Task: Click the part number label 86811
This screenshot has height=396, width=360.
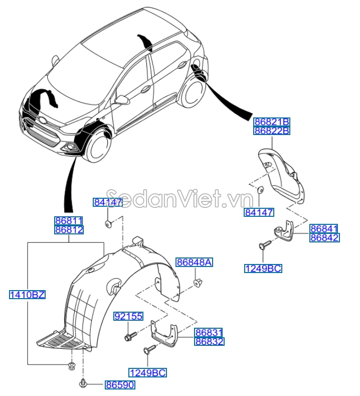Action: click(x=69, y=220)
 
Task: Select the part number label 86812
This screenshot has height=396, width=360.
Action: click(x=69, y=230)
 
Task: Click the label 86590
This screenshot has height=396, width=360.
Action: click(x=120, y=385)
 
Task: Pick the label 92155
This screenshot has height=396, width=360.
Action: click(x=128, y=316)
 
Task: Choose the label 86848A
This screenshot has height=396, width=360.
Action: click(x=194, y=262)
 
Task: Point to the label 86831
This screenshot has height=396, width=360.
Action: click(x=209, y=332)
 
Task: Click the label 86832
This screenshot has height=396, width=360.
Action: click(x=209, y=341)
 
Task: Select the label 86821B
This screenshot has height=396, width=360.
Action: click(x=272, y=121)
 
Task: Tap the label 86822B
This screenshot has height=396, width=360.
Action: click(x=272, y=130)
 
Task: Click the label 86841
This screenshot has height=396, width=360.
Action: click(x=324, y=228)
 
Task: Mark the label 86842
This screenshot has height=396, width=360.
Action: click(x=324, y=238)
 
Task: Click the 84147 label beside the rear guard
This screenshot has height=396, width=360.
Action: click(x=259, y=212)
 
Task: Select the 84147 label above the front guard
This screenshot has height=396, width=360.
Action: click(x=108, y=202)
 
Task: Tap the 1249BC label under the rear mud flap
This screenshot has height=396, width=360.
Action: click(x=263, y=269)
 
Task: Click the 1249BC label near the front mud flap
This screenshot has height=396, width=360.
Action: click(x=148, y=372)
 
